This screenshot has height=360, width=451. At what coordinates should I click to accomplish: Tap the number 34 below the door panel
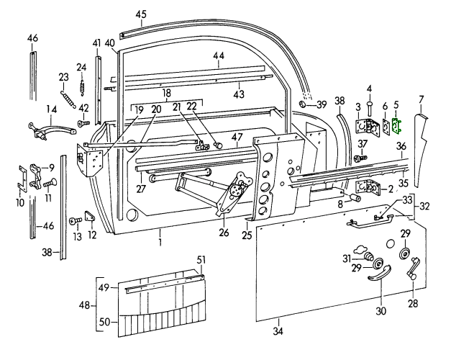279,332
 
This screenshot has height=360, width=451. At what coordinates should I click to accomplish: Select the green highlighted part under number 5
395,126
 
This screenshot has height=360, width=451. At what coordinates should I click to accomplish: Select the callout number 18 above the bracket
166,94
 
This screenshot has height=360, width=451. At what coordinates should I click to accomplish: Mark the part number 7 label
422,99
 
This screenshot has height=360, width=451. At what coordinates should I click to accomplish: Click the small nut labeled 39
304,105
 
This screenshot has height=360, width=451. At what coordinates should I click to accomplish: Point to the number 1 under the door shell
161,235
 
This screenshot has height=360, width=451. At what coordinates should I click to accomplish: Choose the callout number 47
237,137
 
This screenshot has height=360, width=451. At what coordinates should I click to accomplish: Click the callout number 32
425,206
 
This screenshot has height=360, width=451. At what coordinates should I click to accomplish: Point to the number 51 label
201,261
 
